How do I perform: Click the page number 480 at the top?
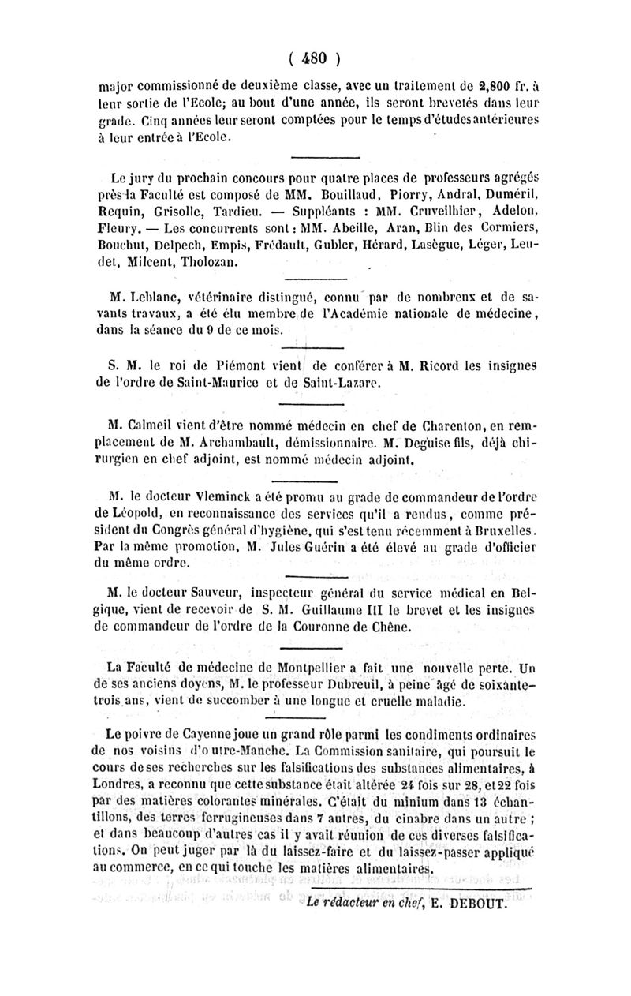click(x=314, y=57)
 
